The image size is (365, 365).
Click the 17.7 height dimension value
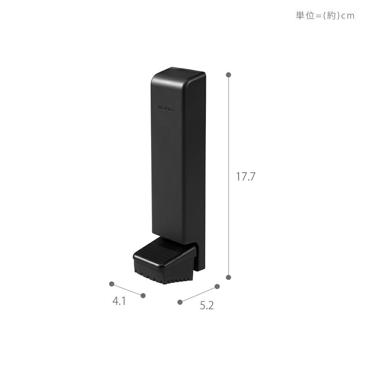(x=246, y=177)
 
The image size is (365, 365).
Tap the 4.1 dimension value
(x=119, y=301)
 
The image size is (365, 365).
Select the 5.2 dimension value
(x=207, y=306)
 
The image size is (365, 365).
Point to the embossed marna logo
(x=166, y=108)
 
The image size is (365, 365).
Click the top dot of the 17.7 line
(x=228, y=75)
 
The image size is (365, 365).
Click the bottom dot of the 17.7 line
(x=228, y=277)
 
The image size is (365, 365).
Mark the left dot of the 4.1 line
(x=112, y=284)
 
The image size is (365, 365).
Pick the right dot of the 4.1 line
(x=143, y=296)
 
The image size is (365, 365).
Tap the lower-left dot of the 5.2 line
(x=180, y=302)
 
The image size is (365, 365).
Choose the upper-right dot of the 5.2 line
(x=217, y=286)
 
